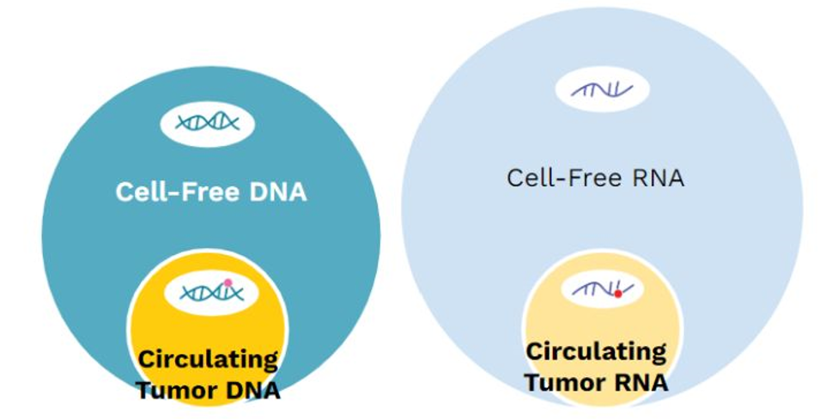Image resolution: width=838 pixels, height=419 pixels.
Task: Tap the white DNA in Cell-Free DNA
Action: (278, 192)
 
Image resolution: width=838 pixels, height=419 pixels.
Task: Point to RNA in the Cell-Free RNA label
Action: (658, 178)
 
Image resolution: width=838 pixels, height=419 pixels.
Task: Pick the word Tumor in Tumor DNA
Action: (174, 391)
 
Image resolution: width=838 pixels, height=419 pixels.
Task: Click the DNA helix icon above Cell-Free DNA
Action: (208, 123)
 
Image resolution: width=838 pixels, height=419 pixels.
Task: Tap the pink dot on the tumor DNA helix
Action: (228, 282)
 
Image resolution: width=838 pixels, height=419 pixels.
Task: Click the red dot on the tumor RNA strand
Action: (618, 294)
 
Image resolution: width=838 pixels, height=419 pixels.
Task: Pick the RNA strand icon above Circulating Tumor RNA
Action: (603, 289)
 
